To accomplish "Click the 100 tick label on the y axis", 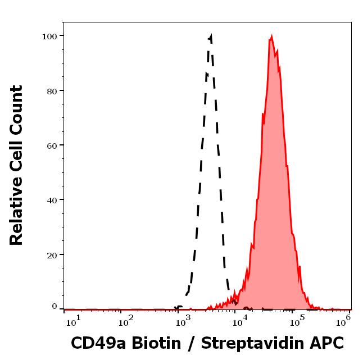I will pyautogui.click(x=49, y=36).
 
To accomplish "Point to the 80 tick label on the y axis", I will pyautogui.click(x=52, y=90).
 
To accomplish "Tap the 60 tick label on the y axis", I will pyautogui.click(x=52, y=145).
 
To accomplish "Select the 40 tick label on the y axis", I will pyautogui.click(x=52, y=199).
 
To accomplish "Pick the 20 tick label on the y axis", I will pyautogui.click(x=52, y=254).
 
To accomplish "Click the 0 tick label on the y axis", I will pyautogui.click(x=55, y=307).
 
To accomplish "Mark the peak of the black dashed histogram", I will pyautogui.click(x=210, y=37).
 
